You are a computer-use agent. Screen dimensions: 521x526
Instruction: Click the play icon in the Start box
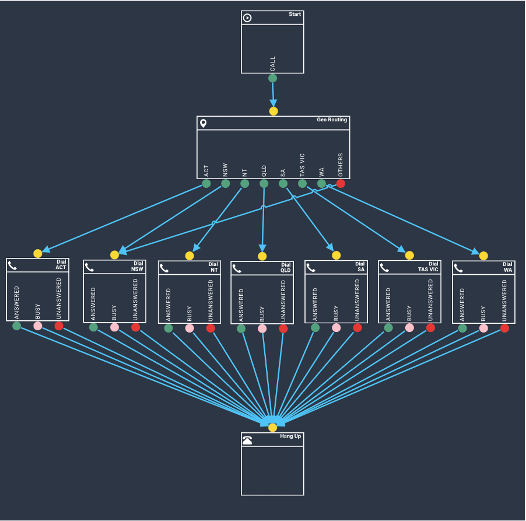tap(247, 18)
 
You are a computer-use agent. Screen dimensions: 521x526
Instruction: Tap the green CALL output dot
tap(272, 78)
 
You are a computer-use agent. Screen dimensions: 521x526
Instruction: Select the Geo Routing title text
tap(332, 120)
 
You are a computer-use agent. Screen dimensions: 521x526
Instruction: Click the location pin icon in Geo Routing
tap(204, 123)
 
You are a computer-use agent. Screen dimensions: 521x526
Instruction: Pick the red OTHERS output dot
tap(341, 184)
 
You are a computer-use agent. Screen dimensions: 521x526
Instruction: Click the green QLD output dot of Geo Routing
tap(264, 184)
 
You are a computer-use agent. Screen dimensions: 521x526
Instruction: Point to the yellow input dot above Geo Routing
tap(273, 111)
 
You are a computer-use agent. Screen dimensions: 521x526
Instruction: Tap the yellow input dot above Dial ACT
tap(38, 253)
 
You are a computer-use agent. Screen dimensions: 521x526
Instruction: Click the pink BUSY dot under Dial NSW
tap(114, 327)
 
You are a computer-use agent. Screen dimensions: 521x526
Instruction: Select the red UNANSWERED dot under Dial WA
tap(504, 328)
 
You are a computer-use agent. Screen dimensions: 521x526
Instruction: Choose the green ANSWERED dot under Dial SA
tap(315, 328)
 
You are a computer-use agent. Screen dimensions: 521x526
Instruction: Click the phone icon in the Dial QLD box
tap(237, 268)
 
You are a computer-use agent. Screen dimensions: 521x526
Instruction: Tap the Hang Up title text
tap(290, 436)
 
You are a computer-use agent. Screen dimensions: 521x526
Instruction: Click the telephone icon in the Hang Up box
tap(247, 440)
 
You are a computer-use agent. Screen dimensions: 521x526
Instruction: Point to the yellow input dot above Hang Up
tap(272, 428)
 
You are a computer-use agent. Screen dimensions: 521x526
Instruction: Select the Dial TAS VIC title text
tap(428, 267)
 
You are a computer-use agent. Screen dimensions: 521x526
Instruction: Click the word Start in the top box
tap(294, 14)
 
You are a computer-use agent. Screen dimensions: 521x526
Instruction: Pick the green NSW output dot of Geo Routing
tap(225, 184)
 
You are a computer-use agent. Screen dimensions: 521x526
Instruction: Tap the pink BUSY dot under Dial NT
tap(190, 328)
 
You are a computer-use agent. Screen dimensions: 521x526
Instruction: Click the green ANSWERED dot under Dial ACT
tap(17, 326)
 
